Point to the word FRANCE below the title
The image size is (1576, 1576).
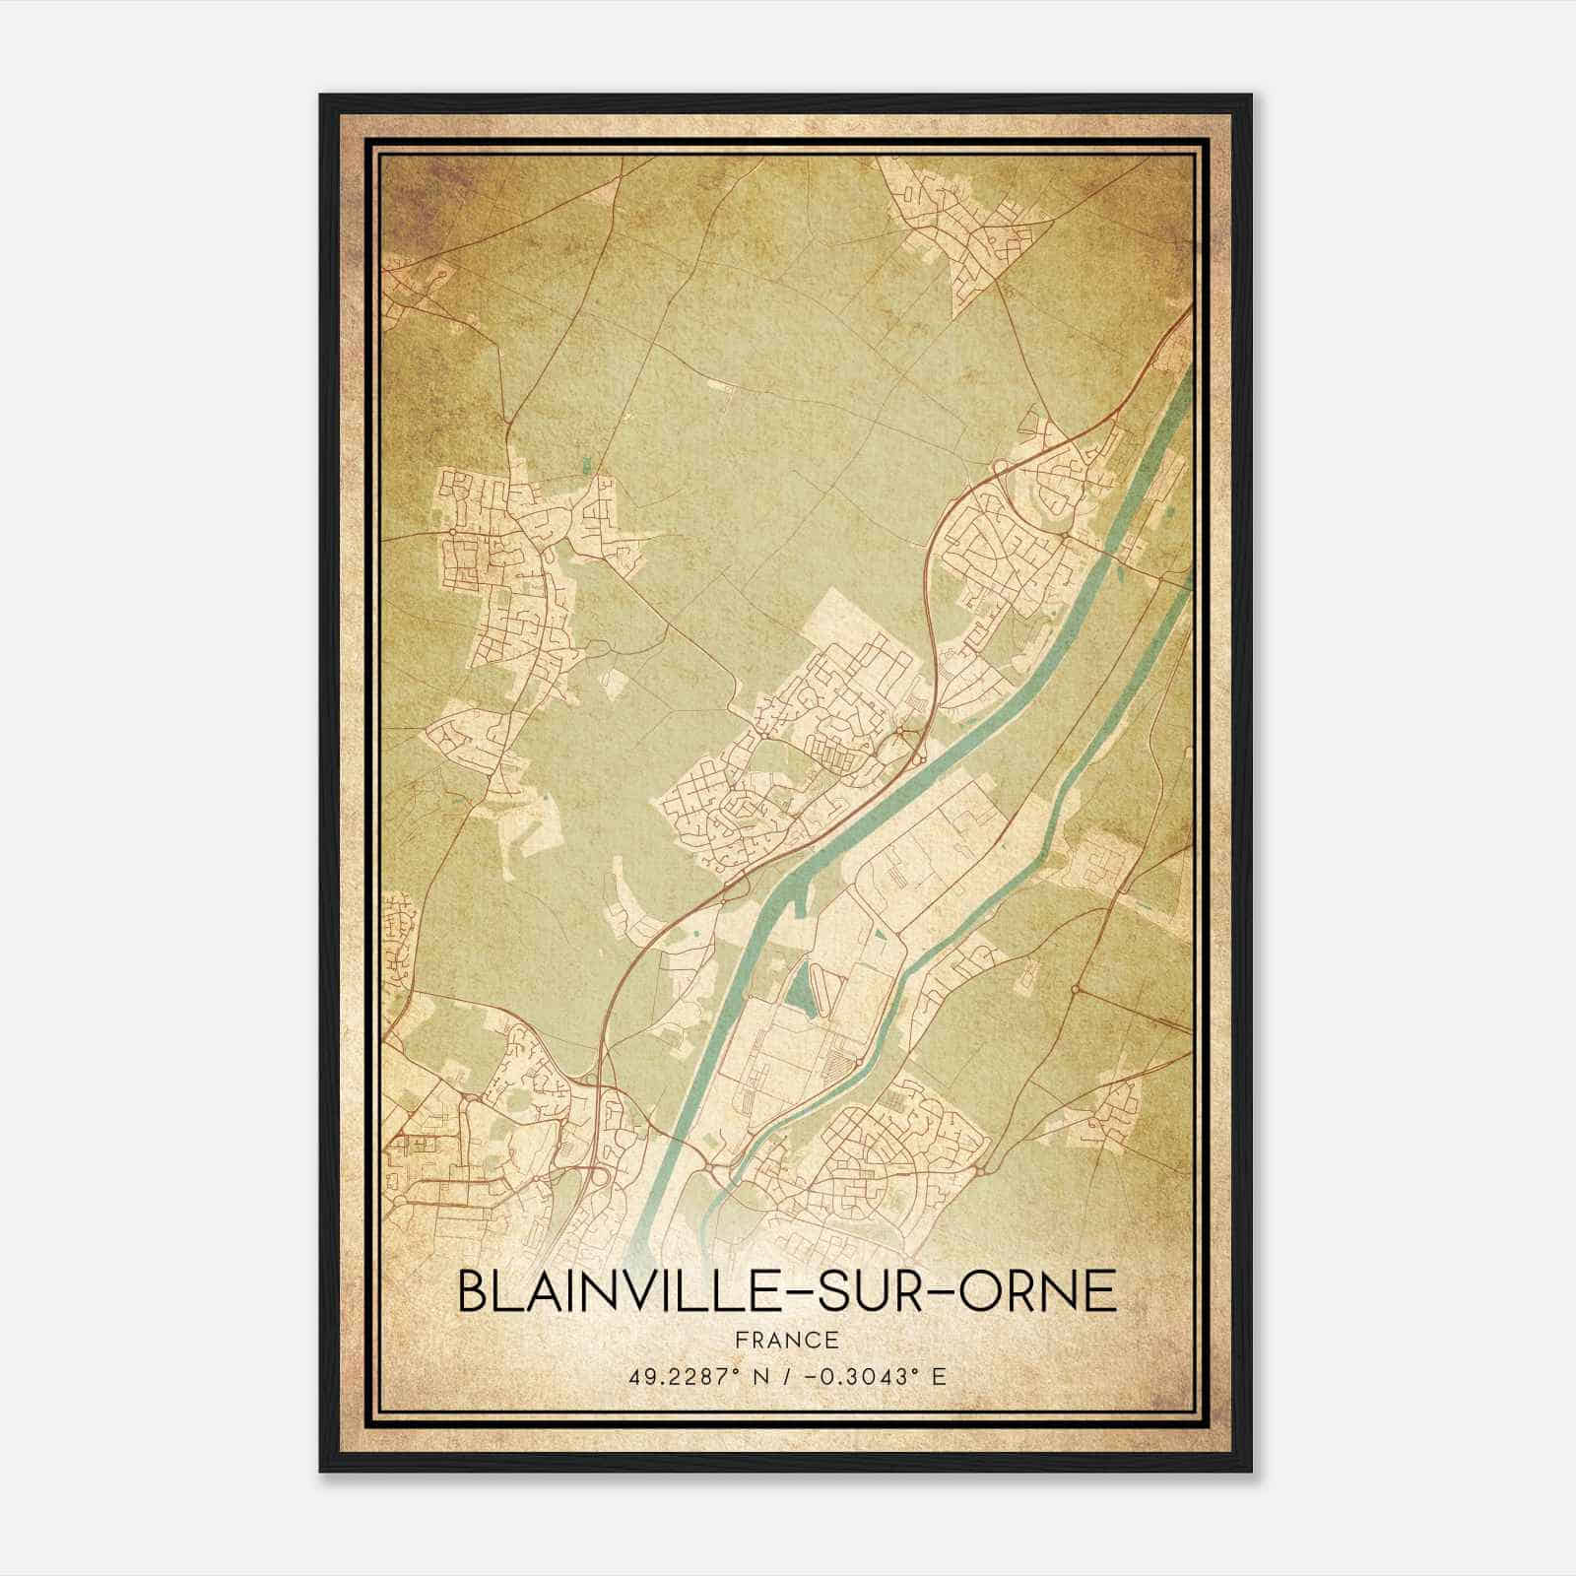click(x=788, y=1340)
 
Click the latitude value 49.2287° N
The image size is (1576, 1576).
click(x=698, y=1377)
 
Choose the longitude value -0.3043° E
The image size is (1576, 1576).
click(x=874, y=1377)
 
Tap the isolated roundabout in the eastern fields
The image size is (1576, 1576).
click(x=1077, y=988)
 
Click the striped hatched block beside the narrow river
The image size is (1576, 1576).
click(x=835, y=1064)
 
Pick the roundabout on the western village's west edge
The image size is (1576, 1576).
click(x=451, y=531)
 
